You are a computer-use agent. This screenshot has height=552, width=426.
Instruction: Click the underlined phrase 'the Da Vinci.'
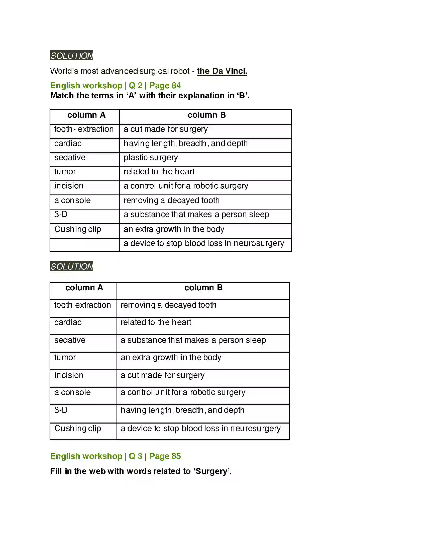tap(222, 71)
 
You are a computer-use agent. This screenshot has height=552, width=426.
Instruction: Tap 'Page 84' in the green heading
tap(165, 86)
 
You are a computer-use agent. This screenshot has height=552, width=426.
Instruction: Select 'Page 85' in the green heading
tap(165, 456)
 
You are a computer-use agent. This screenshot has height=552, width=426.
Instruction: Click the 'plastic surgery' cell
tap(151, 158)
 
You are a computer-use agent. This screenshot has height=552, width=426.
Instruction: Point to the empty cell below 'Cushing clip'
tap(84, 245)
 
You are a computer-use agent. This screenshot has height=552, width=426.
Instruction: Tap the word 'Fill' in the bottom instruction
tap(56, 471)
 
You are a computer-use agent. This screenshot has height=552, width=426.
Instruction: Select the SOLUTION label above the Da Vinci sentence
tap(72, 55)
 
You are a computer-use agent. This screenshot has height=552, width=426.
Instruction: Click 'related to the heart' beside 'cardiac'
tap(156, 322)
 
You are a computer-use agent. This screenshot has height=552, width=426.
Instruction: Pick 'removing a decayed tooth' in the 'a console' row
tap(172, 200)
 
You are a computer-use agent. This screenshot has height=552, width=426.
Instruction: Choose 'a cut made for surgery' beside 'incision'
tap(163, 375)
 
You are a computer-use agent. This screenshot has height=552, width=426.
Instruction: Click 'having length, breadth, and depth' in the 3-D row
tap(182, 410)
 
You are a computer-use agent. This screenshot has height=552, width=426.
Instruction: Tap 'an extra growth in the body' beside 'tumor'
tap(171, 358)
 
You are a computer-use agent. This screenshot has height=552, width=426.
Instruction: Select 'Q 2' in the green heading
tap(136, 86)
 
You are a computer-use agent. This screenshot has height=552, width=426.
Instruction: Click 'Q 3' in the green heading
tap(136, 456)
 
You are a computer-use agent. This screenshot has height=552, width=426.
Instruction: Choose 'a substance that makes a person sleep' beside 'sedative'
tap(193, 340)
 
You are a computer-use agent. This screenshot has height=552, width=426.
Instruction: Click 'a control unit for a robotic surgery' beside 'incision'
tap(186, 186)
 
